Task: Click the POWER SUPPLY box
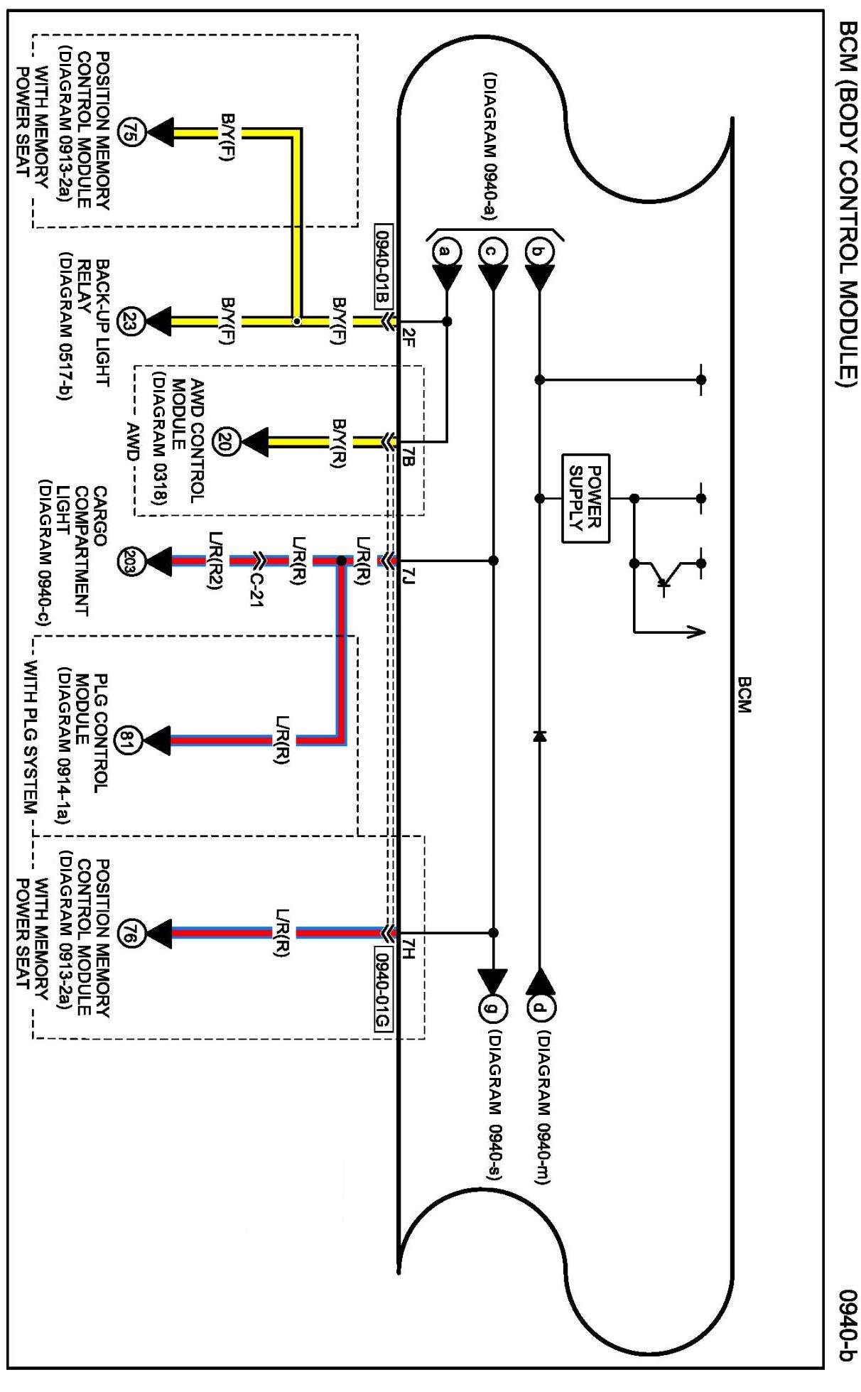point(585,498)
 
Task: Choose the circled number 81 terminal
point(132,737)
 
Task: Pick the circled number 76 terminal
point(132,932)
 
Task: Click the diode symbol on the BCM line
point(539,736)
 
